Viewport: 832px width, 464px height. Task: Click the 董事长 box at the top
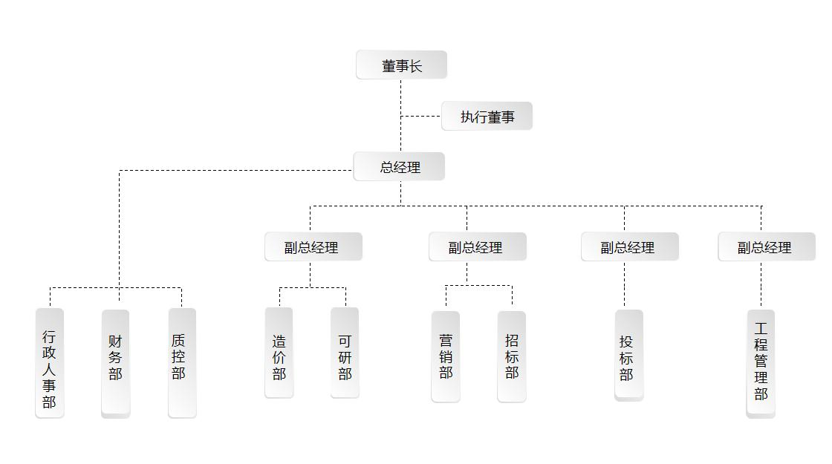[x=401, y=65]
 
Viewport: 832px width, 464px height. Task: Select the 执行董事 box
[x=487, y=117]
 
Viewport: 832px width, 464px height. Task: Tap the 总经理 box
[x=399, y=167]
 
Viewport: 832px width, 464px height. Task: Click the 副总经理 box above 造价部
[x=313, y=247]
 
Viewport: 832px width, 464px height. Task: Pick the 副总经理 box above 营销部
[x=477, y=247]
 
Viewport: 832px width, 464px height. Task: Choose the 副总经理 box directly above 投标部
[x=629, y=247]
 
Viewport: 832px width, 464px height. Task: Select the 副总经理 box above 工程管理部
[x=766, y=247]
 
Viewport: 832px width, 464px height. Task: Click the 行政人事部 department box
[x=50, y=364]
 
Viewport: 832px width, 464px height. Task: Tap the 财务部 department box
[x=115, y=364]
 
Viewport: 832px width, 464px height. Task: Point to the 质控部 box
[x=182, y=364]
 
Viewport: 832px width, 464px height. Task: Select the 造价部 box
[x=279, y=353]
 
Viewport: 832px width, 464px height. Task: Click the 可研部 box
[x=345, y=353]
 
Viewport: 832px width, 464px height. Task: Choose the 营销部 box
[x=446, y=357]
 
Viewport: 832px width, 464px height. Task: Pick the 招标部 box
[x=511, y=357]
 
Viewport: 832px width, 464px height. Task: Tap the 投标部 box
[x=628, y=356]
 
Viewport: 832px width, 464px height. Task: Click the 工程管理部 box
[x=761, y=364]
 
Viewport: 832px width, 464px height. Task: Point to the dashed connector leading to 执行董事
[x=420, y=117]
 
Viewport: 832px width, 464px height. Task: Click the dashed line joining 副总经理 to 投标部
[x=624, y=286]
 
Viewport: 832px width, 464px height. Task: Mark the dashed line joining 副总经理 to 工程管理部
[x=761, y=286]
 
